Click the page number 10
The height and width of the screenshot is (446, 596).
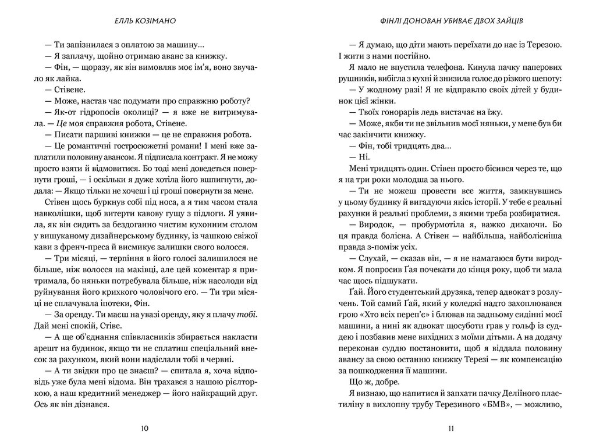(144, 429)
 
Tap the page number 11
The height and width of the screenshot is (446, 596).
(451, 429)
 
